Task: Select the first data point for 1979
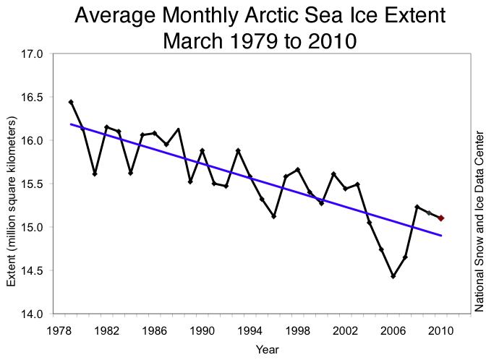71,102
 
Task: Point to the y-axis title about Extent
12,184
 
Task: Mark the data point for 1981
95,174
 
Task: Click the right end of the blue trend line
441,236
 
